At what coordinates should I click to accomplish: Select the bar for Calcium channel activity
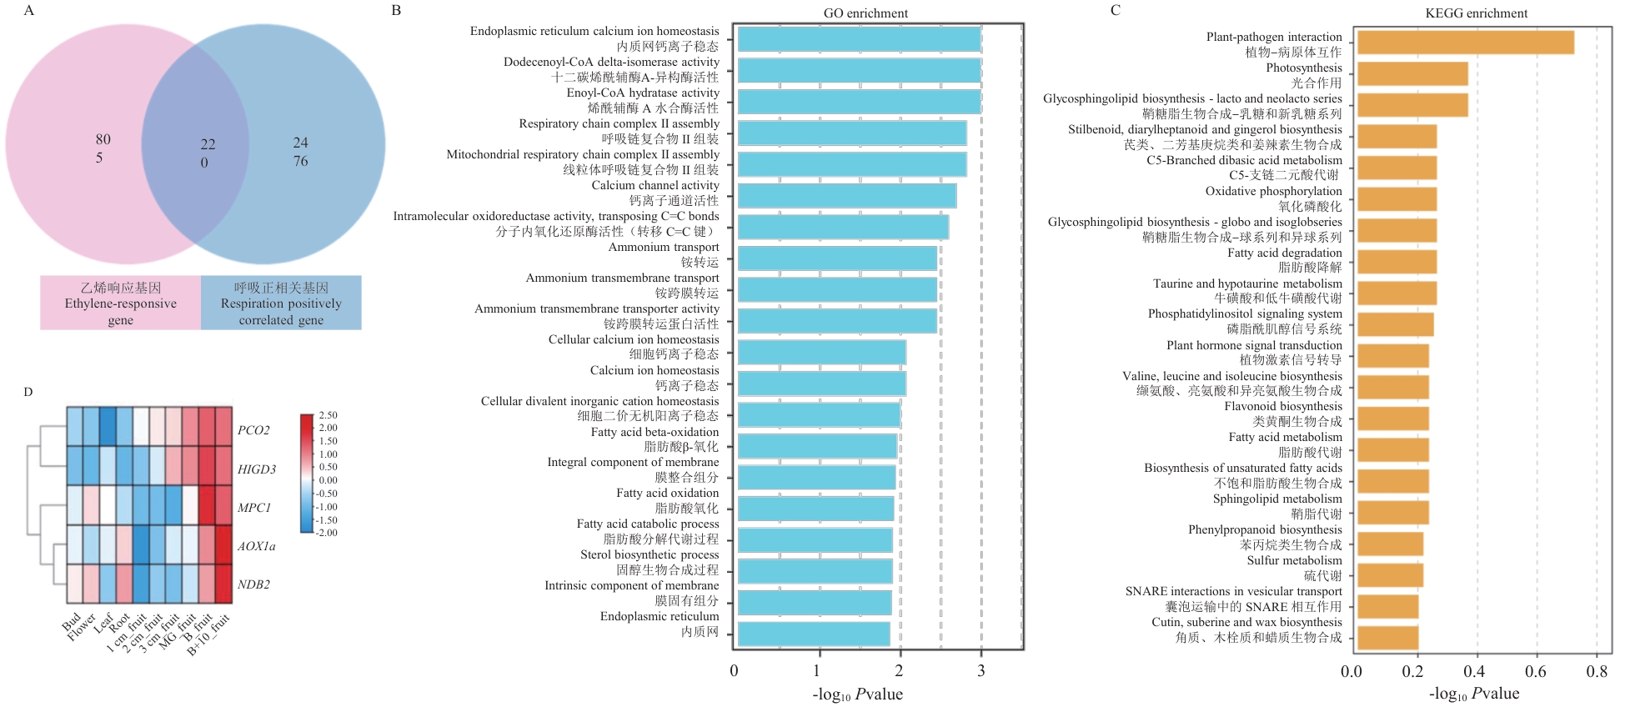click(x=846, y=196)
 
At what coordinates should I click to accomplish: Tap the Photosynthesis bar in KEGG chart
click(x=1412, y=74)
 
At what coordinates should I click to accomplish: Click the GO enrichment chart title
click(x=865, y=13)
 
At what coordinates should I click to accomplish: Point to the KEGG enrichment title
click(x=1476, y=13)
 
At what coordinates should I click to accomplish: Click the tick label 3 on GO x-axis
click(x=981, y=671)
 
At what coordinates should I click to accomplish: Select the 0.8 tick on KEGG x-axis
click(x=1597, y=672)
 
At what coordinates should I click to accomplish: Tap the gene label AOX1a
click(x=256, y=547)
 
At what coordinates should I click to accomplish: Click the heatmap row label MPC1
click(x=254, y=508)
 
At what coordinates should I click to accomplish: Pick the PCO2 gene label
click(x=253, y=430)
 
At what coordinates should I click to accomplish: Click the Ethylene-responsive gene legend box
click(x=121, y=303)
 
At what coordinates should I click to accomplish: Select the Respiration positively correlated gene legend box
click(x=281, y=303)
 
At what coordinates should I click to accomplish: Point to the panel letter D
click(x=28, y=392)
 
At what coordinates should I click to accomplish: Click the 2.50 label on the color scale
click(x=328, y=415)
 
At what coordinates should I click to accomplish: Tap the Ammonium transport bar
click(x=837, y=258)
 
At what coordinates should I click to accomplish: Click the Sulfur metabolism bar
click(x=1390, y=575)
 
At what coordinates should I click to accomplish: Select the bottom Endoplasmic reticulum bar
click(x=813, y=634)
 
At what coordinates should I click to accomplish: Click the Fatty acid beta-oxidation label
click(x=655, y=432)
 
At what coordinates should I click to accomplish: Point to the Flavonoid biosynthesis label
click(x=1283, y=407)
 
